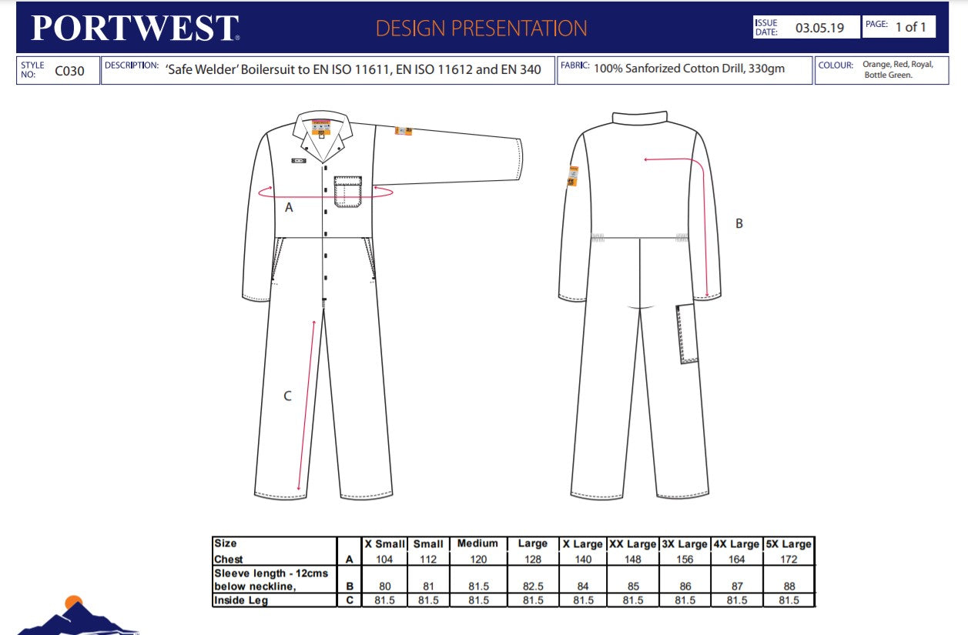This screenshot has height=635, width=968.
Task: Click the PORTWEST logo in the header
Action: point(135,28)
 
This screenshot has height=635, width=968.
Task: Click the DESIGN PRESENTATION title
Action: point(481,28)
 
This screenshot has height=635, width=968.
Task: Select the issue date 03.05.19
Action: point(819,28)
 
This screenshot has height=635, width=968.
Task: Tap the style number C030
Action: point(70,72)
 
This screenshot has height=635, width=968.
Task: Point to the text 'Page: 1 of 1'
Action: point(899,27)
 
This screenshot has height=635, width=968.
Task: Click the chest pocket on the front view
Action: point(347,192)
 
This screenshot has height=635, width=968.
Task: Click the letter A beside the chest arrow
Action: point(289,207)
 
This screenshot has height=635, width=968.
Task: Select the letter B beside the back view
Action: point(739,223)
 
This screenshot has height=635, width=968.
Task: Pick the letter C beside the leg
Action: point(287,396)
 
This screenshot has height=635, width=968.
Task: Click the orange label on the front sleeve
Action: point(401,130)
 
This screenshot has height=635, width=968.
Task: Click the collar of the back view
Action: point(640,116)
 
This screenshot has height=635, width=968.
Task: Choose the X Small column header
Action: point(384,543)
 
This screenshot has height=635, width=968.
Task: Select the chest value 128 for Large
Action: point(532,560)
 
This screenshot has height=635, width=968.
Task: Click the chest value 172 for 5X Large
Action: point(789,560)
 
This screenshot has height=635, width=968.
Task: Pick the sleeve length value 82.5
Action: point(532,586)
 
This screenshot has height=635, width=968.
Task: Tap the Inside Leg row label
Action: point(241,600)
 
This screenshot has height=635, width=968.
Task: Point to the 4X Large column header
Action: point(737,543)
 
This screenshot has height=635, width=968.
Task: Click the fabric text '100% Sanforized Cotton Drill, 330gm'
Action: point(689,69)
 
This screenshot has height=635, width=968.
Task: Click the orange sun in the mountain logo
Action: point(73,603)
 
